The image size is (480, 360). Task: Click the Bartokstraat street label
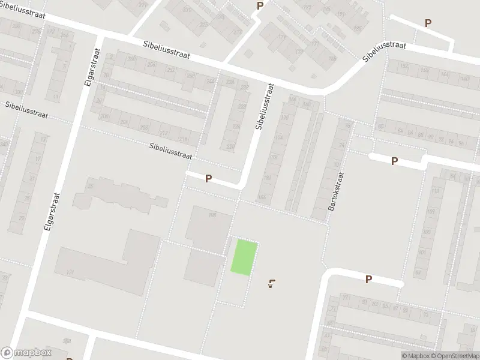(x=334, y=192)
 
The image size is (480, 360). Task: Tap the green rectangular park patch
(x=245, y=257)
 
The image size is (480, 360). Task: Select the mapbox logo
(x=26, y=353)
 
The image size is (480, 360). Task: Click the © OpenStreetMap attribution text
(x=452, y=356)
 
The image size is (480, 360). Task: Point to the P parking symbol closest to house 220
(x=209, y=178)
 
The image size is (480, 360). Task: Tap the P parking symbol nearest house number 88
(x=394, y=161)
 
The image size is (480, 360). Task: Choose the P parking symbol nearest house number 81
(x=368, y=279)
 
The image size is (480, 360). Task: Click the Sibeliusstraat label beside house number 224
(x=260, y=106)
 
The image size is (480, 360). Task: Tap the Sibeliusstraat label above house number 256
(x=167, y=50)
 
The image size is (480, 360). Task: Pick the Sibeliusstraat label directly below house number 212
(x=171, y=151)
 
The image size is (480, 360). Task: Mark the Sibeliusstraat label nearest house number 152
(x=384, y=53)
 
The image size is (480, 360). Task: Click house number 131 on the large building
(x=70, y=272)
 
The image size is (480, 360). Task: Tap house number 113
(x=435, y=191)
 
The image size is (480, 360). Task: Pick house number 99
(x=418, y=272)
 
